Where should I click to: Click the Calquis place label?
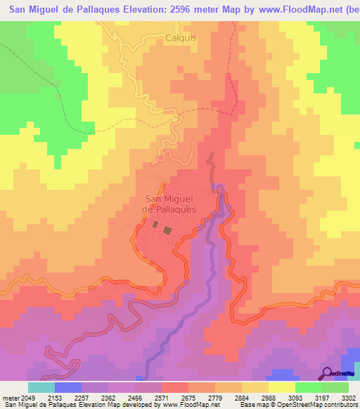(x=181, y=40)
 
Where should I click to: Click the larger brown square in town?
(x=167, y=230)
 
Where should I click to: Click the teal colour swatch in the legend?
(x=41, y=387)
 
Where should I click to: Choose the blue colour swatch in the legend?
(x=69, y=387)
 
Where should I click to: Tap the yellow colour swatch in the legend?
(x=281, y=387)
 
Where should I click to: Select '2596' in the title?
(x=200, y=9)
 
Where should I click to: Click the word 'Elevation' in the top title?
(x=150, y=9)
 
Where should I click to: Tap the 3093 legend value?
(x=292, y=398)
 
